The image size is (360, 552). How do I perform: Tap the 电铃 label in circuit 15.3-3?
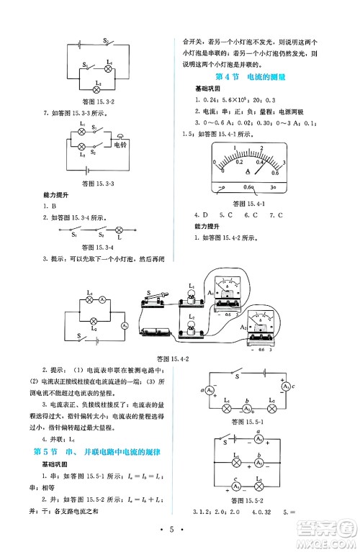114,144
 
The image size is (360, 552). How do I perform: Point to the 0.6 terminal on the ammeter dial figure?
248,189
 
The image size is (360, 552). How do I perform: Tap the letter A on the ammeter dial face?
248,171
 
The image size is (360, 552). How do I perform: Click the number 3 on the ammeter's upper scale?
284,163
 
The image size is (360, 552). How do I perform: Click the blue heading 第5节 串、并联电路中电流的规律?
100,451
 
